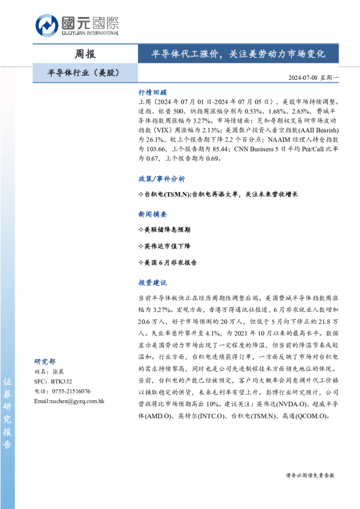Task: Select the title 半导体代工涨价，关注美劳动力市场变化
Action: coord(238,54)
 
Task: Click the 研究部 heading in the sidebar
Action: coord(45,361)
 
